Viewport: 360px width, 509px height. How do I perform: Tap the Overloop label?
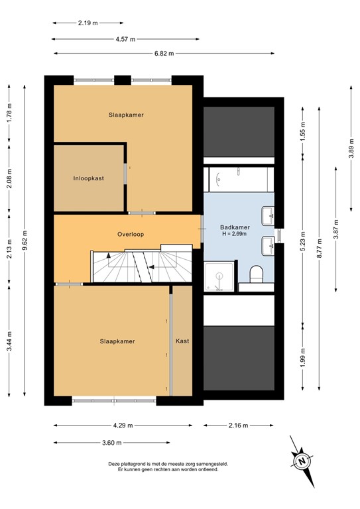coord(131,234)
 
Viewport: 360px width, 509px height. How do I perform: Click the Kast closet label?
coord(182,341)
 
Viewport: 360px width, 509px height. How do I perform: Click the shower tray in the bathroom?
coord(219,275)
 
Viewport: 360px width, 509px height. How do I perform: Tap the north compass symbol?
coord(302,460)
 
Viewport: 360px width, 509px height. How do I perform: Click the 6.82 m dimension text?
coord(127,53)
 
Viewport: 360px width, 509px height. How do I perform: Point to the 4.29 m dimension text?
coord(122,425)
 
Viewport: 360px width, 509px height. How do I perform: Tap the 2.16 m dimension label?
coord(237,425)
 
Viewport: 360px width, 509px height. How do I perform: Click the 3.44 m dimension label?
coord(9,342)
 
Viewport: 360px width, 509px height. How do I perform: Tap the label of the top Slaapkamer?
coord(126,115)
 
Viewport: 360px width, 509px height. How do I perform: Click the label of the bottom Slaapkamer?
coord(117,341)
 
